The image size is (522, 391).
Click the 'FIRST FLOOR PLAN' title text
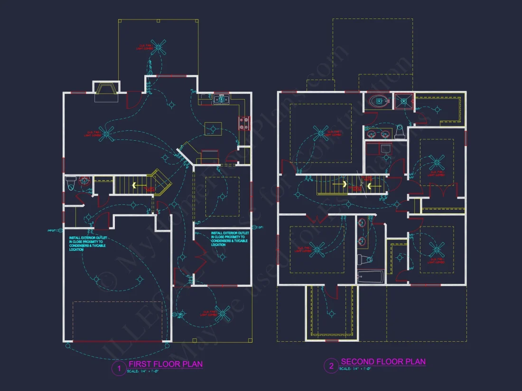pos(166,364)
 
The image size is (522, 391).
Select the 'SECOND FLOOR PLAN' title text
pos(383,362)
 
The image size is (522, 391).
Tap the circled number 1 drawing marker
pos(118,368)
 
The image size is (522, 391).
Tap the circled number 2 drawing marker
pos(331,366)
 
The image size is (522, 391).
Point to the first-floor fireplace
pos(106,91)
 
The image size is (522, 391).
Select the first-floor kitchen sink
pos(221,100)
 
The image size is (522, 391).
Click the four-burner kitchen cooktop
pos(244,123)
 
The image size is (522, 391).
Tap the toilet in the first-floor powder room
pos(70,182)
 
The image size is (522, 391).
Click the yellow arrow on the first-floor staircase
pos(135,185)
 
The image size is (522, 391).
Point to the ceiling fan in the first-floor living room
pos(109,134)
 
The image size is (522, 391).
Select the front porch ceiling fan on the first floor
pos(222,313)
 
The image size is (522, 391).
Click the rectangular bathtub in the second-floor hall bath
pos(371,277)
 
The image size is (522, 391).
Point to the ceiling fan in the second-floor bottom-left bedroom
pos(316,248)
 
